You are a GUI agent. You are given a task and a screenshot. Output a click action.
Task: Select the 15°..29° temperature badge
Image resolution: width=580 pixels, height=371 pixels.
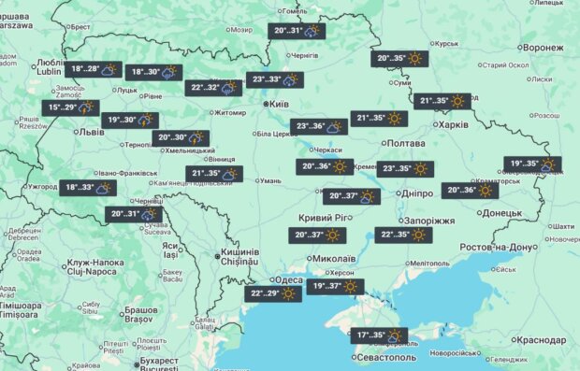[73, 108]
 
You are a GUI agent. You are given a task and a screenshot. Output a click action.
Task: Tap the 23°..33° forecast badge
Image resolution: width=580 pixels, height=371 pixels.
[276, 80]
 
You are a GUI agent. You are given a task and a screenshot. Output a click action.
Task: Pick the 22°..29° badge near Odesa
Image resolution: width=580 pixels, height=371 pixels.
[274, 293]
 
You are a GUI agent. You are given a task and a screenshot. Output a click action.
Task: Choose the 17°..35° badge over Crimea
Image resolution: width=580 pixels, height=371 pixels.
[381, 335]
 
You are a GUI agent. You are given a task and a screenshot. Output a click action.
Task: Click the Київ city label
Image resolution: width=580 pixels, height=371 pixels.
[278, 104]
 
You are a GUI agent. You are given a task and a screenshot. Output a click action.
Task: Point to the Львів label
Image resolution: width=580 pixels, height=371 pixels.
[92, 133]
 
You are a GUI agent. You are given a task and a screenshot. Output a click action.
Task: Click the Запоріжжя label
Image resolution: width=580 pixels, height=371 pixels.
[432, 221]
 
